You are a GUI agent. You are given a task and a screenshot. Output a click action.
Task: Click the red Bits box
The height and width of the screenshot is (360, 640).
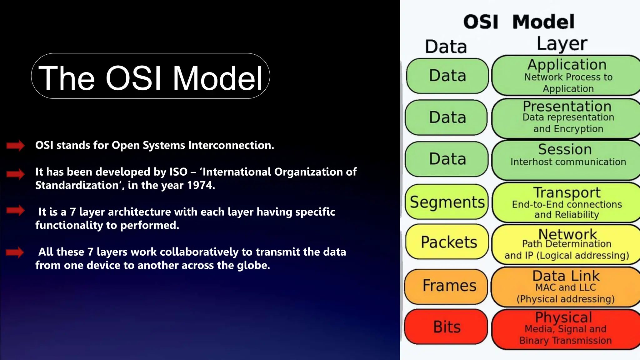tap(446, 327)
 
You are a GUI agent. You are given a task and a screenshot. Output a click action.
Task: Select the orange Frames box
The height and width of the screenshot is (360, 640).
tap(446, 286)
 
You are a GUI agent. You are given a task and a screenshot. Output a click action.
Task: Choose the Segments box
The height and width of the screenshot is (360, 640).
tap(447, 202)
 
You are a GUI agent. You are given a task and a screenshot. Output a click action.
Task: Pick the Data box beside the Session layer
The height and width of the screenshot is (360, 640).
tap(447, 159)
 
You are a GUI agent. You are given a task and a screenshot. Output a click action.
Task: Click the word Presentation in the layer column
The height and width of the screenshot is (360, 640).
tap(567, 107)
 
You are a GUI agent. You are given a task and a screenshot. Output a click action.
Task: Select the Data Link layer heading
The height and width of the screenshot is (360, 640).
tap(566, 276)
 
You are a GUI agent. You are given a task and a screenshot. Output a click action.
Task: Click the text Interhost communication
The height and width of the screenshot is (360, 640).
tap(568, 162)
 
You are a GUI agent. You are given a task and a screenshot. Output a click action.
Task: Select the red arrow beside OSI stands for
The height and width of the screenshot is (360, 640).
tap(15, 145)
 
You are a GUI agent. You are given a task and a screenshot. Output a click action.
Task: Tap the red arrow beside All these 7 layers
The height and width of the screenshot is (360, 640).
tap(15, 252)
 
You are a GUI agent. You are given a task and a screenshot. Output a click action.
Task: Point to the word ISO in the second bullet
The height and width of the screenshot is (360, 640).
tap(178, 172)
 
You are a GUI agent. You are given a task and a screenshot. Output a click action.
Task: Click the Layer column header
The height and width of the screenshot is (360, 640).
tap(562, 44)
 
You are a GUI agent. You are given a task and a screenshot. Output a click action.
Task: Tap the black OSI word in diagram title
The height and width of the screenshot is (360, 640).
tap(480, 22)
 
